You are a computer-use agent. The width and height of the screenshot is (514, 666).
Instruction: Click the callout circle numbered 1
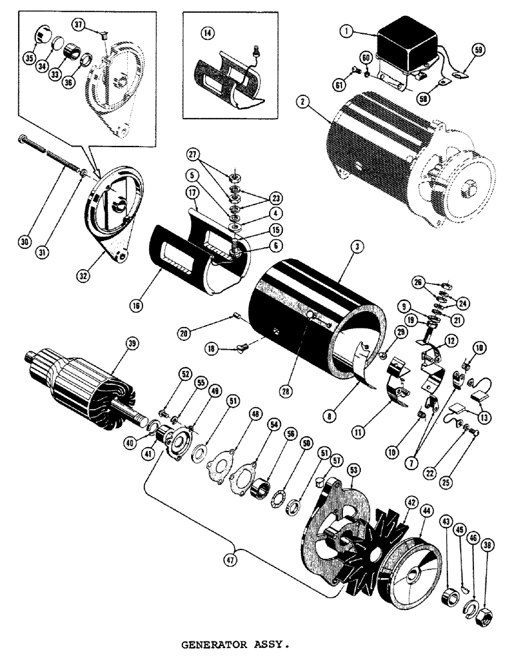[x=346, y=31]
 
